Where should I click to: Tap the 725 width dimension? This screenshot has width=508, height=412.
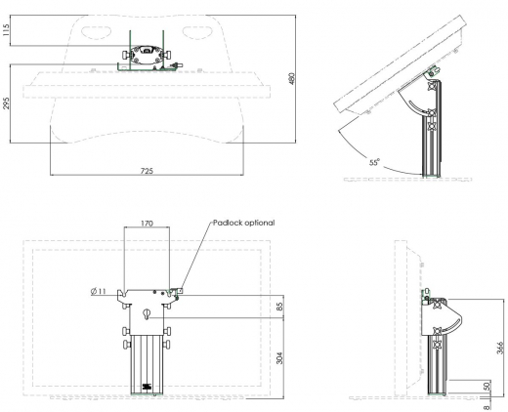(146, 171)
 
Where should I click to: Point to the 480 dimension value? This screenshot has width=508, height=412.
(291, 77)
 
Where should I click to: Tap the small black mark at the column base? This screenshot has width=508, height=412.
(147, 388)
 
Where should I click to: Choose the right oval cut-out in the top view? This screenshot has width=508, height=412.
(195, 29)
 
